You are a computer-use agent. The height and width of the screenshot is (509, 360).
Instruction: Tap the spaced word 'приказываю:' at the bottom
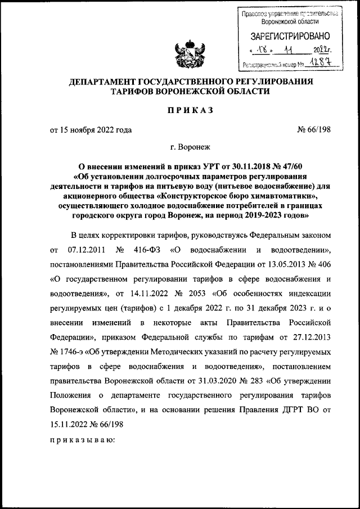tap(82, 441)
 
